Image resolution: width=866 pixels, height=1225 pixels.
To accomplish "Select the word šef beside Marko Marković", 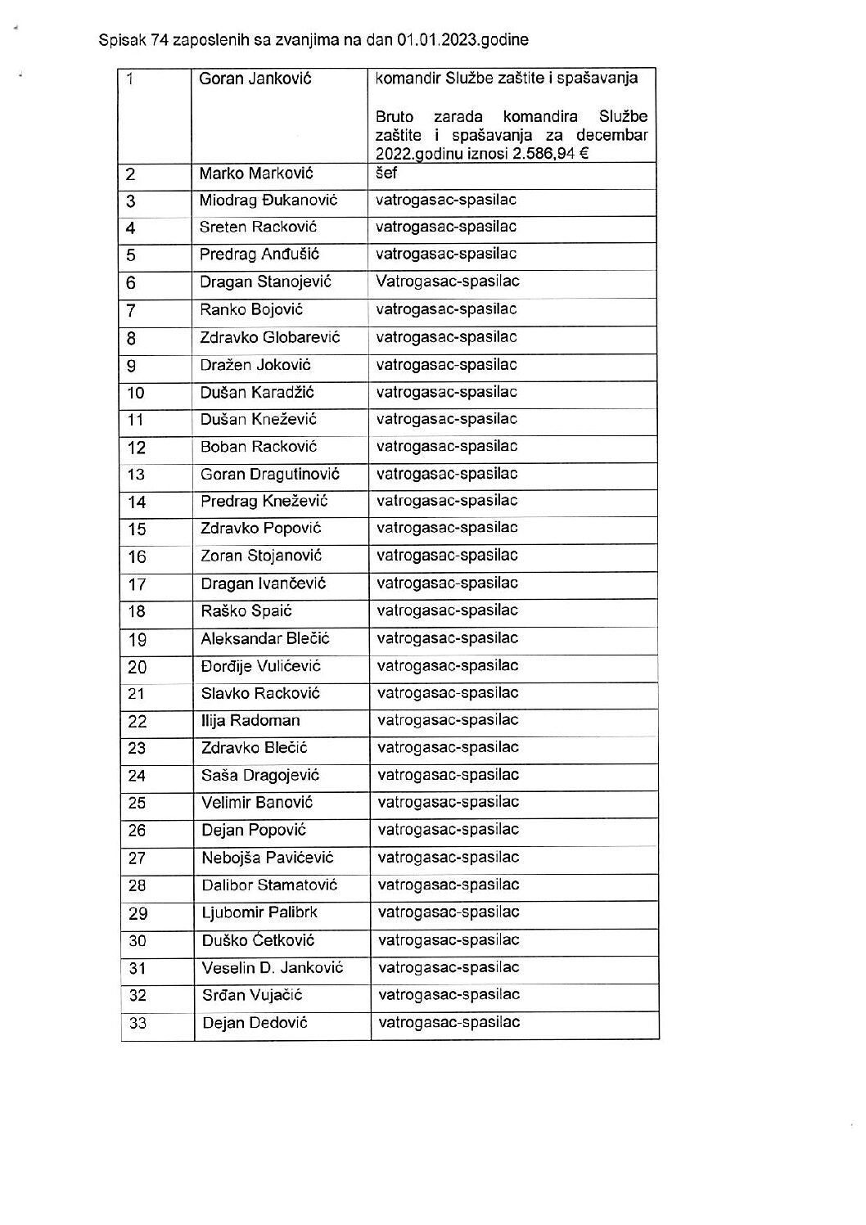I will pyautogui.click(x=386, y=173).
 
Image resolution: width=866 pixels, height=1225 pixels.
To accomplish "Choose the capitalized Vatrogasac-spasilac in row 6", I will pyautogui.click(x=448, y=281).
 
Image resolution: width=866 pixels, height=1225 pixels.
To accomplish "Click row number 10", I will pyautogui.click(x=136, y=394).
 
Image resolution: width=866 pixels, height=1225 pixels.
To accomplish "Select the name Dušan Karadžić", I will pyautogui.click(x=257, y=393).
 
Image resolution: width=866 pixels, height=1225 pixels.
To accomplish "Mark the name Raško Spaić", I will pyautogui.click(x=246, y=611).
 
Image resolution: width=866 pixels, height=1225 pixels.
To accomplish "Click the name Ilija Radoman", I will pyautogui.click(x=250, y=721).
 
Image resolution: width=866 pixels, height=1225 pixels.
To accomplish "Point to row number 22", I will pyautogui.click(x=138, y=722).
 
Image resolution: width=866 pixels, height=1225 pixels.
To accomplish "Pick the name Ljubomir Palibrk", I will pyautogui.click(x=259, y=912).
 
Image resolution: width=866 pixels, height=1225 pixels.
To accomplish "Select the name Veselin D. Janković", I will pyautogui.click(x=273, y=968).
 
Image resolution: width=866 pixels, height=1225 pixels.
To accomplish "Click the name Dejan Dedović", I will pyautogui.click(x=255, y=1023).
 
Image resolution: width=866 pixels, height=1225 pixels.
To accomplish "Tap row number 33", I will pyautogui.click(x=138, y=1024).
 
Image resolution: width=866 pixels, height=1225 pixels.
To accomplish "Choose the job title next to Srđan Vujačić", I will pyautogui.click(x=449, y=995).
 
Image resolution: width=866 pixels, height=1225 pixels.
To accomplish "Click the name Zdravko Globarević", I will pyautogui.click(x=270, y=337).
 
